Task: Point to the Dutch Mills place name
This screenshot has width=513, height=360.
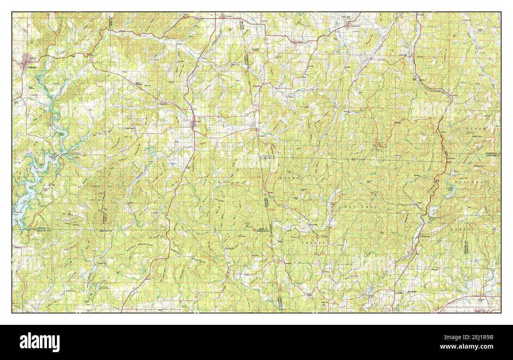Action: pos(257,84)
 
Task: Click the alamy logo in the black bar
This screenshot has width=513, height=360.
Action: pos(39,342)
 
